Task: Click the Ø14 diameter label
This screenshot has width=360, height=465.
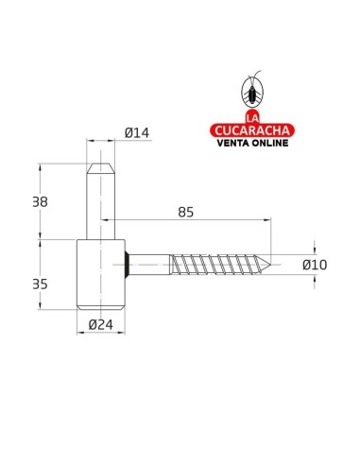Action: click(137, 132)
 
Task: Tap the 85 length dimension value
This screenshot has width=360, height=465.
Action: click(185, 213)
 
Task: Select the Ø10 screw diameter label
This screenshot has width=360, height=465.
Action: click(315, 265)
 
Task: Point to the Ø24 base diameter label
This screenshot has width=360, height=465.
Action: click(101, 324)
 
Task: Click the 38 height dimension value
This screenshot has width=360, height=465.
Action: click(41, 202)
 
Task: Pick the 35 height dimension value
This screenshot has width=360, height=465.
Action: click(41, 284)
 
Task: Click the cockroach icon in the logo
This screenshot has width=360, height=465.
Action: click(252, 91)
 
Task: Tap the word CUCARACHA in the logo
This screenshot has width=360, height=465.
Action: click(252, 130)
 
